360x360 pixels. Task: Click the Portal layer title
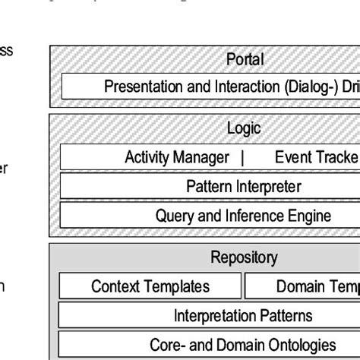click(x=245, y=59)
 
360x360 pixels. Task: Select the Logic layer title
click(x=244, y=128)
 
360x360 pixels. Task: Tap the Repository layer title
click(x=244, y=258)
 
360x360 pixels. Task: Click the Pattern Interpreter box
click(x=244, y=187)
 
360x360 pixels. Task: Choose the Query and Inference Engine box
click(x=244, y=216)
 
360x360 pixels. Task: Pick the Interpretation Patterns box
click(x=244, y=315)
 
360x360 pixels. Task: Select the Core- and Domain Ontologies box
click(x=244, y=343)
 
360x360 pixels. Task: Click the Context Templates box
click(x=150, y=286)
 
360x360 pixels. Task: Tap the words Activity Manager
click(x=177, y=158)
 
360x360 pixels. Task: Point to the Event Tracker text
click(x=316, y=158)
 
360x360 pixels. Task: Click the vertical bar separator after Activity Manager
click(x=242, y=158)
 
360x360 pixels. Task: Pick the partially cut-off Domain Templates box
click(x=303, y=286)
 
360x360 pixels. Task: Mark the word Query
click(x=174, y=216)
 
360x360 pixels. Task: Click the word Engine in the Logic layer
click(x=311, y=216)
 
